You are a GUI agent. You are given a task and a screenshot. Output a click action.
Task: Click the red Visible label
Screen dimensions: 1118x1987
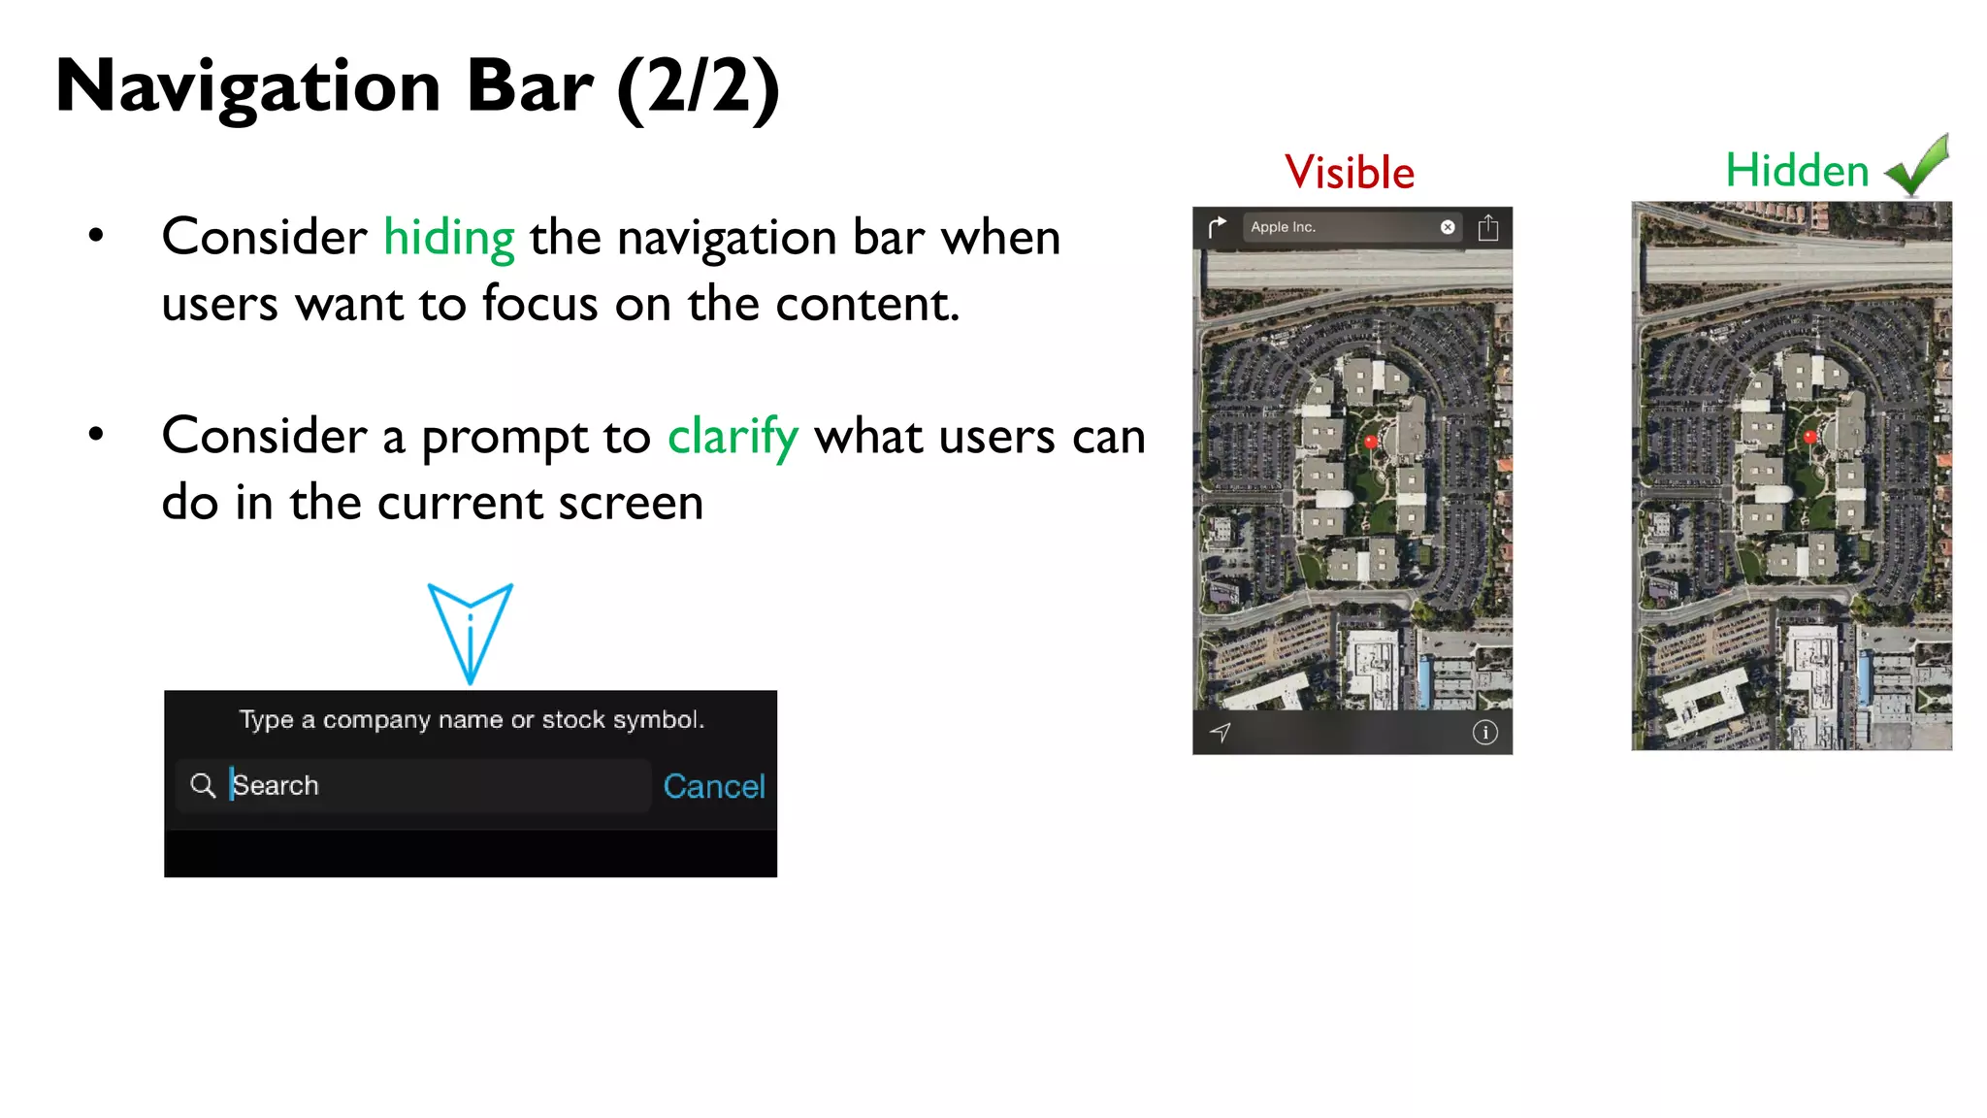point(1350,173)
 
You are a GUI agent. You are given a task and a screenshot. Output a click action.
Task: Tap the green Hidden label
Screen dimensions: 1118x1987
point(1797,171)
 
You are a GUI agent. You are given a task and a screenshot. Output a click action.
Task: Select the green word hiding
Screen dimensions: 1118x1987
point(448,238)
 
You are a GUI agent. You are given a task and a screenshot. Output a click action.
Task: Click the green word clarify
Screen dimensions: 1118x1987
point(733,437)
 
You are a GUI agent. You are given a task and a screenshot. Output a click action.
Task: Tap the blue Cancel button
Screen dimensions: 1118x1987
point(714,786)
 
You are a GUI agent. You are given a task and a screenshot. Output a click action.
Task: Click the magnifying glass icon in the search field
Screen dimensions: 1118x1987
point(203,785)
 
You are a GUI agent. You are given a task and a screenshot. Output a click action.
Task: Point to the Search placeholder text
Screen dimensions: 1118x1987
point(277,785)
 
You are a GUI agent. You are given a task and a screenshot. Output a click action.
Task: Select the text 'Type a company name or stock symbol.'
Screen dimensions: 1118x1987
point(472,720)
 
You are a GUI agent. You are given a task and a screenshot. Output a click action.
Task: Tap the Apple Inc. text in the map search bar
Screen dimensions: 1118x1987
point(1283,227)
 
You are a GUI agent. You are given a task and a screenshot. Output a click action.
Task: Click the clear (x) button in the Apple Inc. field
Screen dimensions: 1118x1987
point(1448,227)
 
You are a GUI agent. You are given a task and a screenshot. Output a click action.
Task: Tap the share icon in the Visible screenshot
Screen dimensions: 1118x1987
point(1488,228)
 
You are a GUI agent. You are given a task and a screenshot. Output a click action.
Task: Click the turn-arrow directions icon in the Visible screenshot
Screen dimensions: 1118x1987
point(1218,227)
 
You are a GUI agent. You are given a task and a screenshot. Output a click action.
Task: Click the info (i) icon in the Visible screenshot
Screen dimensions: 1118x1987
point(1484,733)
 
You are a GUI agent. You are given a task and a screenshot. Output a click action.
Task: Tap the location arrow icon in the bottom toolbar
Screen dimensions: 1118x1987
point(1221,733)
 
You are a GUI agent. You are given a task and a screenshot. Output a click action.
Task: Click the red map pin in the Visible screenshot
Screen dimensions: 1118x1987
point(1371,443)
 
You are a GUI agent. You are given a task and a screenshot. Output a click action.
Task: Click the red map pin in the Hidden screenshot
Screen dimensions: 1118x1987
point(1809,438)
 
